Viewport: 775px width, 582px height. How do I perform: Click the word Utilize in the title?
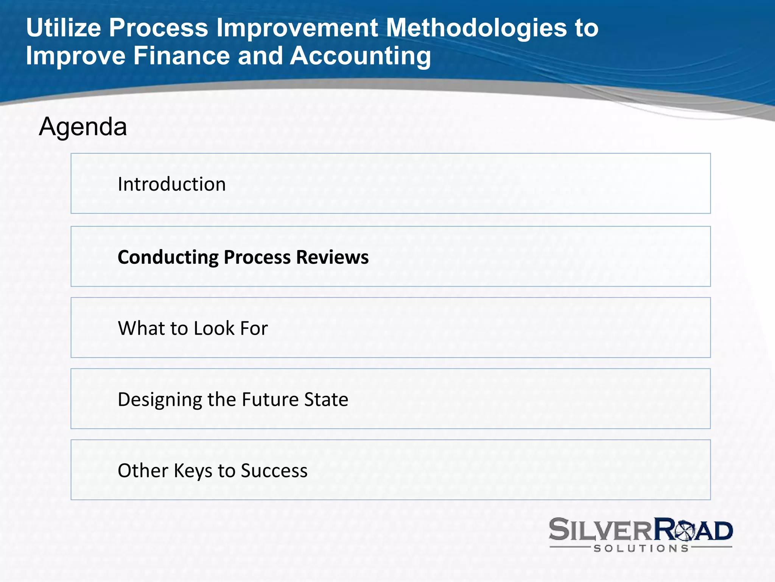pyautogui.click(x=64, y=28)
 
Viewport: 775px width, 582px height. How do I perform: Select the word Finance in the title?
pyautogui.click(x=182, y=56)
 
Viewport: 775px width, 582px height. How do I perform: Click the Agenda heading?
pyautogui.click(x=83, y=127)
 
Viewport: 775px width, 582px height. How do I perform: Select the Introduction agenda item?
pyautogui.click(x=171, y=185)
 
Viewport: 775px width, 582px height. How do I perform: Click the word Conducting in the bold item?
pyautogui.click(x=168, y=258)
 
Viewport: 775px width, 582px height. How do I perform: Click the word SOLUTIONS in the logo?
pyautogui.click(x=641, y=548)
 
